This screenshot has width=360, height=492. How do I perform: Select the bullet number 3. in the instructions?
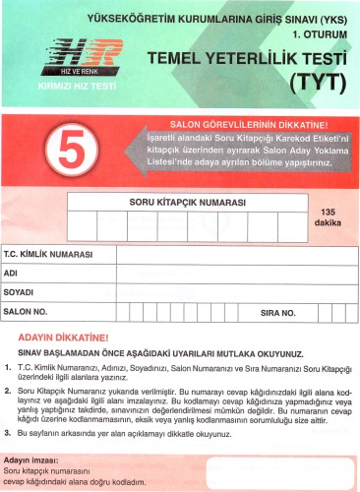[8, 433]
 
